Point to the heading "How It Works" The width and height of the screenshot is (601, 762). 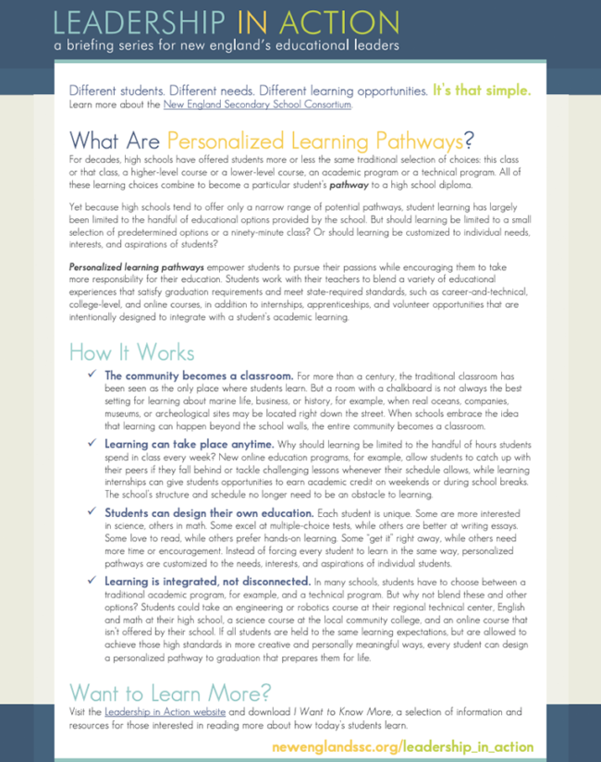pos(131,353)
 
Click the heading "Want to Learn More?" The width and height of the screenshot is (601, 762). pos(169,693)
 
